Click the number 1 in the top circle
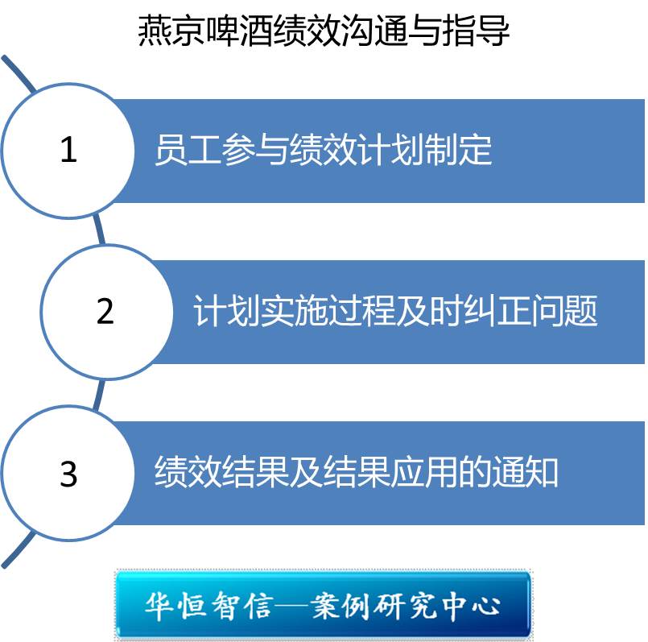click(68, 149)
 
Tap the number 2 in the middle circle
click(105, 311)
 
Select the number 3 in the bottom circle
click(68, 473)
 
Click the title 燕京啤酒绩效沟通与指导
click(323, 30)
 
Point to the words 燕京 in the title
click(171, 30)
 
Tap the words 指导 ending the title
click(476, 30)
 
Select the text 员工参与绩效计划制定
click(323, 150)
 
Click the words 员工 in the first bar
click(188, 150)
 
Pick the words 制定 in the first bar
click(458, 150)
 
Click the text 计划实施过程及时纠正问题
click(395, 311)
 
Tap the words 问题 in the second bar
click(564, 311)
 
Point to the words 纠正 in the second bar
click(497, 311)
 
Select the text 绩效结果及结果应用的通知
click(357, 472)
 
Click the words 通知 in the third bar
click(525, 472)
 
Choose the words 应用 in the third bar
click(424, 472)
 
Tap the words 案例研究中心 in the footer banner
click(406, 607)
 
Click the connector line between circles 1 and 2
click(98, 229)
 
